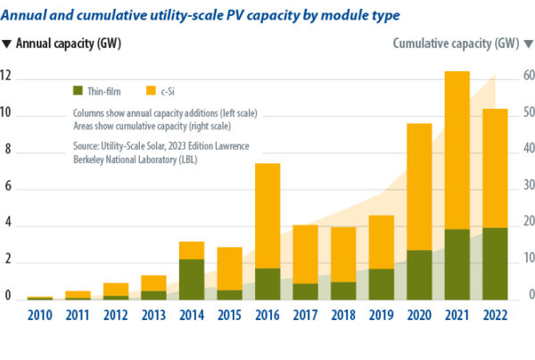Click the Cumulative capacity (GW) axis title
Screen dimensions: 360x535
tap(456, 43)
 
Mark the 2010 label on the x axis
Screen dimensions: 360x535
tap(40, 316)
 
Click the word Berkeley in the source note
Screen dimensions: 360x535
tap(91, 160)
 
